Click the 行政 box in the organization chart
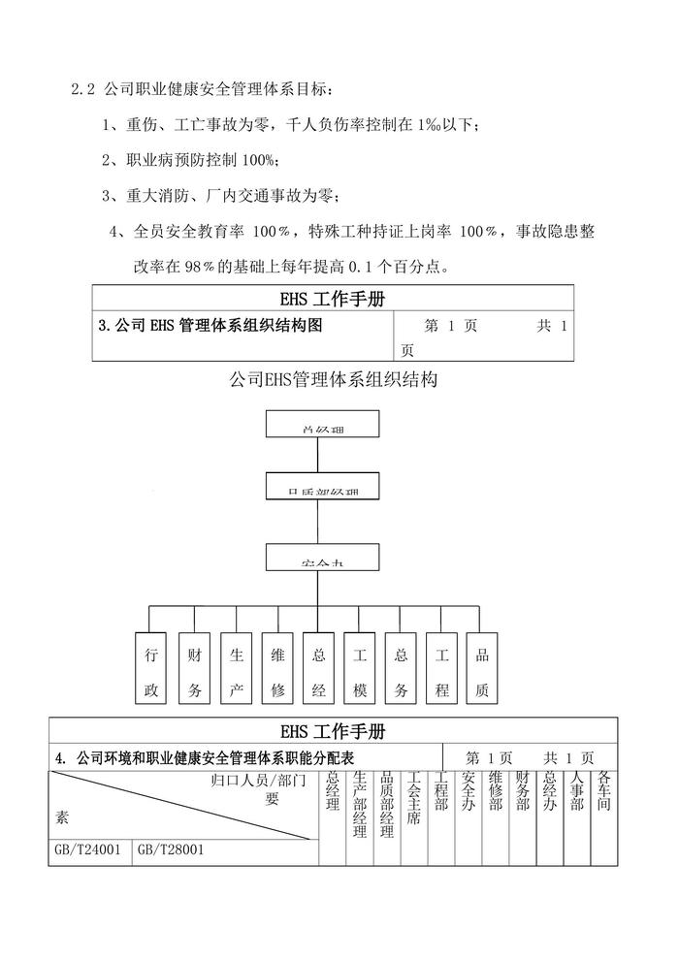point(150,669)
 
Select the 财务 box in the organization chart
point(194,669)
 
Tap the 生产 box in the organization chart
point(236,669)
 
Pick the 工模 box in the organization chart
point(359,669)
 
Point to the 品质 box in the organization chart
point(482,669)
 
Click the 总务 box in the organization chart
point(401,669)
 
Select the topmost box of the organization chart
point(322,425)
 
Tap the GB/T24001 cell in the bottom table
point(88,850)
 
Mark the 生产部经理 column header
point(360,804)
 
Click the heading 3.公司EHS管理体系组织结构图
point(210,327)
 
